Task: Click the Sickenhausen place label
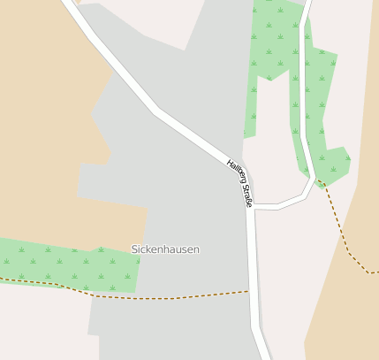pyautogui.click(x=165, y=249)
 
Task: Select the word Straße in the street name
pyautogui.click(x=246, y=195)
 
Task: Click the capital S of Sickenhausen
pyautogui.click(x=134, y=249)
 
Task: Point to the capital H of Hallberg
pyautogui.click(x=230, y=163)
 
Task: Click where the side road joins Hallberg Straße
pyautogui.click(x=253, y=208)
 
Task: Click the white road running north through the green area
pyautogui.click(x=302, y=88)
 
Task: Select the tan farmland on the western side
pyautogui.click(x=44, y=133)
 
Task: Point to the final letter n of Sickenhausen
pyautogui.click(x=196, y=249)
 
